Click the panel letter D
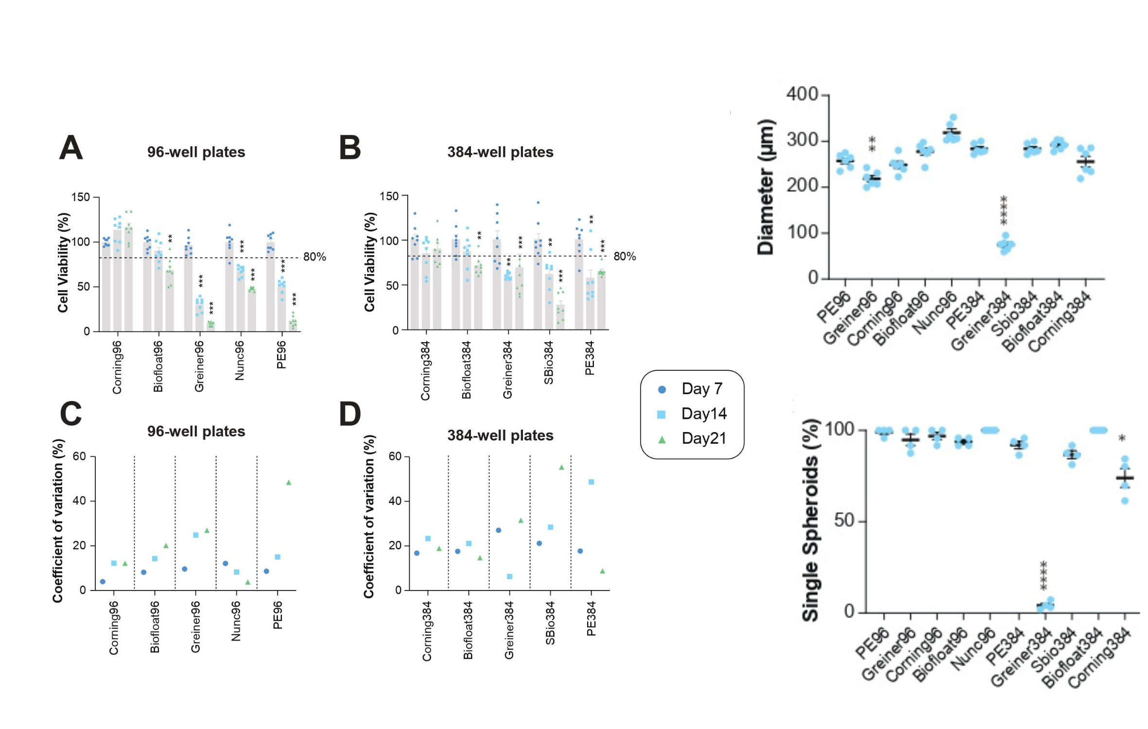(350, 414)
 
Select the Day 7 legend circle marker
(661, 389)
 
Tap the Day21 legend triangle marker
(661, 439)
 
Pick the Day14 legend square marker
(661, 414)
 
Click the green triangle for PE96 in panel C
(289, 483)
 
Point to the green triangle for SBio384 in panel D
(561, 468)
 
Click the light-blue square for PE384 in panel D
(591, 482)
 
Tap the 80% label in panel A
(314, 257)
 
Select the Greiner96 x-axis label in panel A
(199, 366)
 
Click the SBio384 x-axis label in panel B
(549, 363)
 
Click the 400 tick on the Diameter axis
(802, 94)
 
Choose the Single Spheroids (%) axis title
(810, 520)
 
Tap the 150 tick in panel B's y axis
(389, 196)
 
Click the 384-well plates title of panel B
(500, 152)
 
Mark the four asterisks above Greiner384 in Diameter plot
(1004, 210)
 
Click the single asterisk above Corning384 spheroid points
(1122, 438)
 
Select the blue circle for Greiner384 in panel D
(499, 530)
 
